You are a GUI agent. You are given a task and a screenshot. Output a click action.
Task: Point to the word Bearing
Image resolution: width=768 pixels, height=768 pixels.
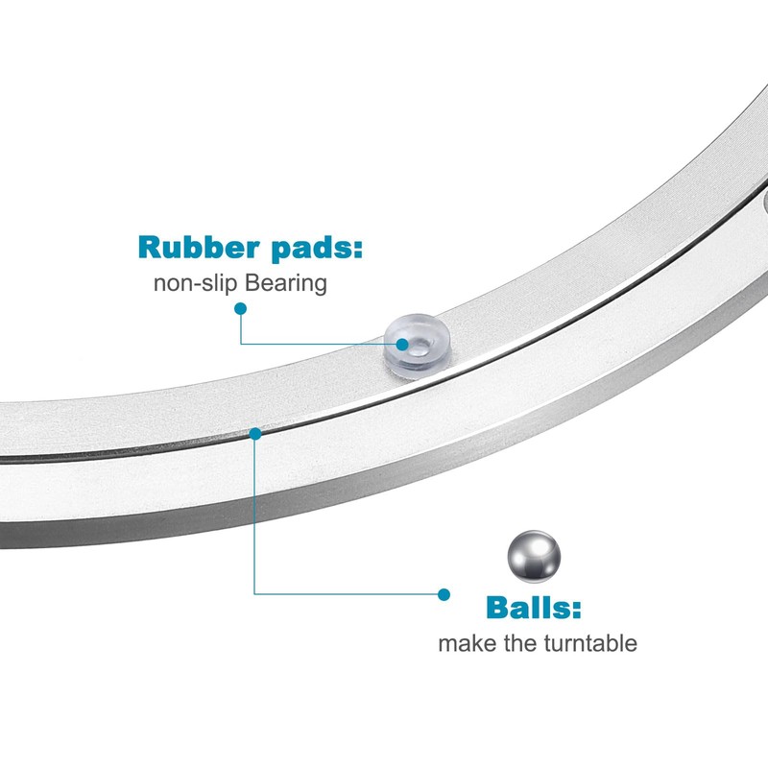tap(286, 284)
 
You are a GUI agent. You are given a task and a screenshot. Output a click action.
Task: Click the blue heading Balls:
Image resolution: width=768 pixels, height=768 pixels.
tap(534, 608)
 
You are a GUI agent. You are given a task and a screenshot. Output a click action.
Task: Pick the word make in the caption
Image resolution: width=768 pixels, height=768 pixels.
tap(466, 643)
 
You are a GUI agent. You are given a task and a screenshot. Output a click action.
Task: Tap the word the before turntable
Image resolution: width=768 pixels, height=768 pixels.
tap(519, 643)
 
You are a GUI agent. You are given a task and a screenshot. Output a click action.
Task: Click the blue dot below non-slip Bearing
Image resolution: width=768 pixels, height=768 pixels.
tap(240, 309)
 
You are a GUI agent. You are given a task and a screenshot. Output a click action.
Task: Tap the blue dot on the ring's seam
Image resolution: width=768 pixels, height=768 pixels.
tap(255, 434)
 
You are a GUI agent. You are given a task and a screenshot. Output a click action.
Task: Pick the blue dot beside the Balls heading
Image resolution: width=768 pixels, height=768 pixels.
tap(444, 594)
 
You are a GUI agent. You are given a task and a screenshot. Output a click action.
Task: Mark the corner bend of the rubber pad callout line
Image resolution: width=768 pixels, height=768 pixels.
tap(240, 343)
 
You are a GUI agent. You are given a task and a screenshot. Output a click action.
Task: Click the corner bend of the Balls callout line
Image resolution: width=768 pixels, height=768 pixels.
tap(255, 594)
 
